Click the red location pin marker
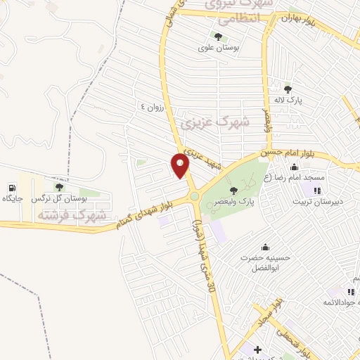(181, 166)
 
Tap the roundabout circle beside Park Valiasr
(193, 196)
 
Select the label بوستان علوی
(219, 48)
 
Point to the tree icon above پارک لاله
(288, 89)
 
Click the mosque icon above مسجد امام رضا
(293, 167)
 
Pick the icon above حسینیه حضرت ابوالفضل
(264, 247)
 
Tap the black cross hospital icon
(257, 349)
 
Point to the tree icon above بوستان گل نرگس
(59, 187)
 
